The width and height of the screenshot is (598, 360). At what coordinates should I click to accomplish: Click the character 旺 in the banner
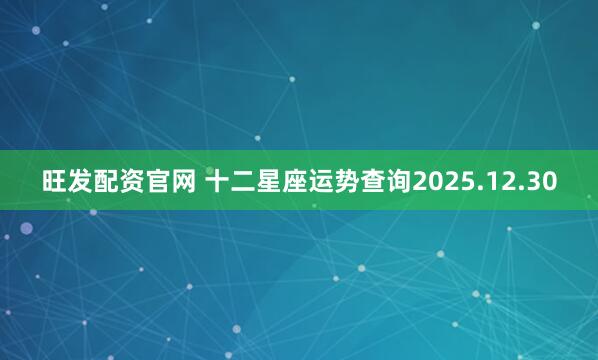pos(55,182)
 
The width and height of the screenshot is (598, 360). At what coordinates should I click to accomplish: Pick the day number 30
pos(541,182)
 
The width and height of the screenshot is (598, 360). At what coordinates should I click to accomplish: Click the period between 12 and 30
pos(522,190)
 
